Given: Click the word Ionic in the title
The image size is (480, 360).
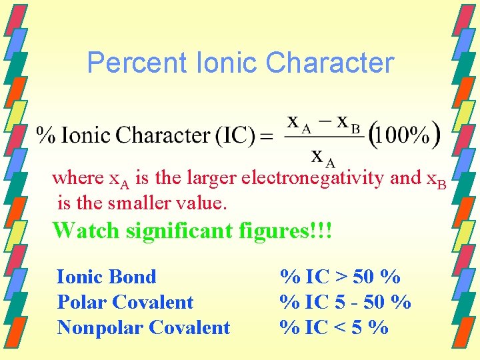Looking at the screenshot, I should pos(227,63).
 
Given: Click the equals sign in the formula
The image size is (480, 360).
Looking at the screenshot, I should pos(266,137).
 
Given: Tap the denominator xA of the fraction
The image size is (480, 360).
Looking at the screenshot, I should pos(324,157).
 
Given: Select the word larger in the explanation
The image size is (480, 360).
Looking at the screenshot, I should pos(212,179).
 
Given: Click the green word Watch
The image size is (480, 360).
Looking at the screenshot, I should pos(84,230).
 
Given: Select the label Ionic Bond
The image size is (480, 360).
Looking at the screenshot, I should pos(107,277).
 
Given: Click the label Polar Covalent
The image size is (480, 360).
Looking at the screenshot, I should pos(125,302).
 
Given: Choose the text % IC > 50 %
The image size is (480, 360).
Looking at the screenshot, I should pos(340,277).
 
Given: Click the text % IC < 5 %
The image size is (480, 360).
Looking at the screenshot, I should pos(334,327).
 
